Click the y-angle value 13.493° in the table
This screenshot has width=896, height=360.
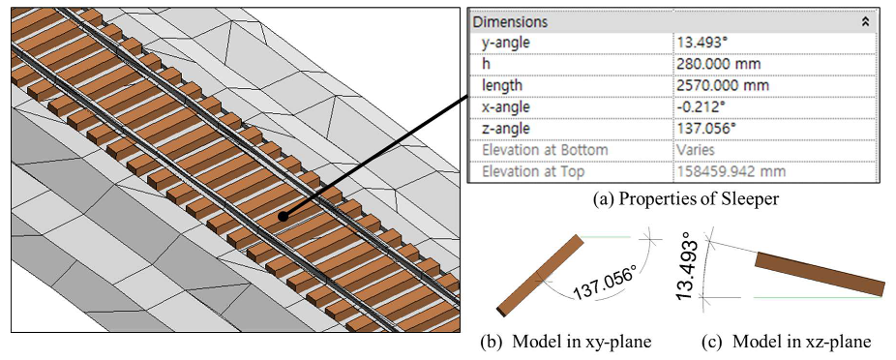pos(702,43)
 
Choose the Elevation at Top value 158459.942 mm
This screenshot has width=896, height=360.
pos(733,170)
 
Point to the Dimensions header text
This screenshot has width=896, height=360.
pos(511,21)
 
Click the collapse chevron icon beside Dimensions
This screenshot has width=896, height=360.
pos(865,21)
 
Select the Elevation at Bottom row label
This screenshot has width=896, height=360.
pos(545,149)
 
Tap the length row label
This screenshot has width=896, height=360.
pos(501,85)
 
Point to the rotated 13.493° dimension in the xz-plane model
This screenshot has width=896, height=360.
pos(693,264)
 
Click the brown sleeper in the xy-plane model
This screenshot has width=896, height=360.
pos(539,276)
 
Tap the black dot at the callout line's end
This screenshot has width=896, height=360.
pos(283,217)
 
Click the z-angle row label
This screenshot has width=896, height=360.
pos(506,128)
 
